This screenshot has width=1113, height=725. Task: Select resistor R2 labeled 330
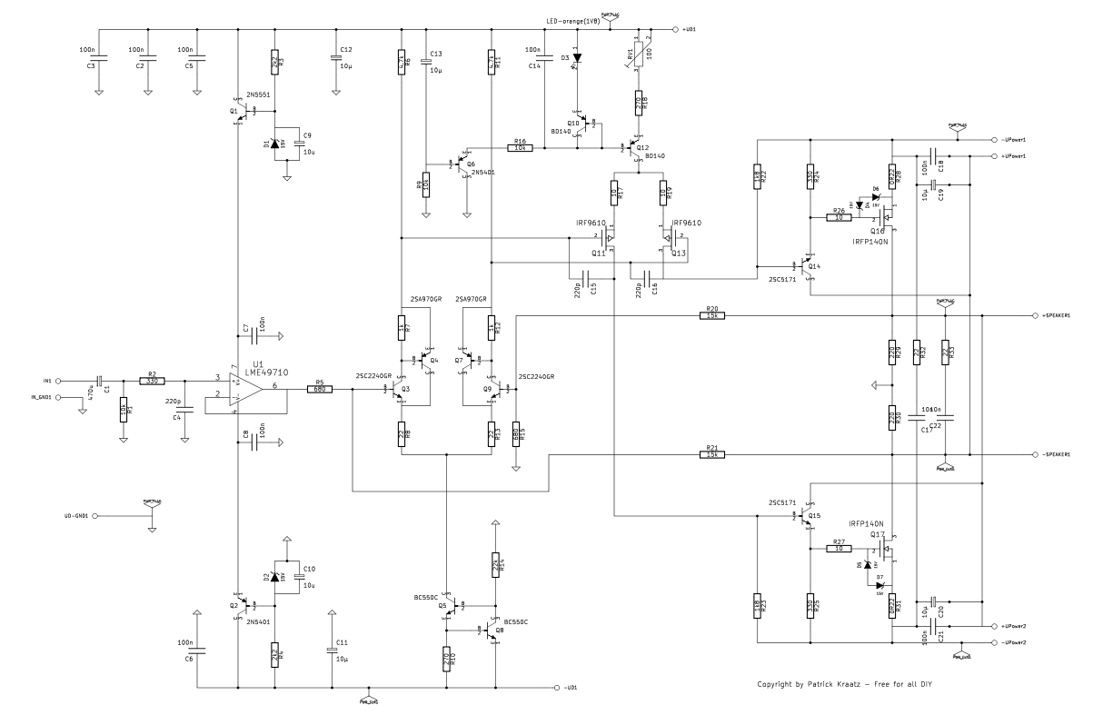pos(152,382)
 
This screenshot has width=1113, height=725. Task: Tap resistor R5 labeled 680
pos(320,390)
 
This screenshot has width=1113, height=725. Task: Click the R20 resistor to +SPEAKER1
pos(711,316)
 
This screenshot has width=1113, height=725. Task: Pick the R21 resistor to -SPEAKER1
pos(711,454)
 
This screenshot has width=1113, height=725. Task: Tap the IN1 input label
pos(47,382)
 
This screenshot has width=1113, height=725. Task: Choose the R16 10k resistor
pos(520,147)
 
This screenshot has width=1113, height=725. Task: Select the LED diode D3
pos(577,59)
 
